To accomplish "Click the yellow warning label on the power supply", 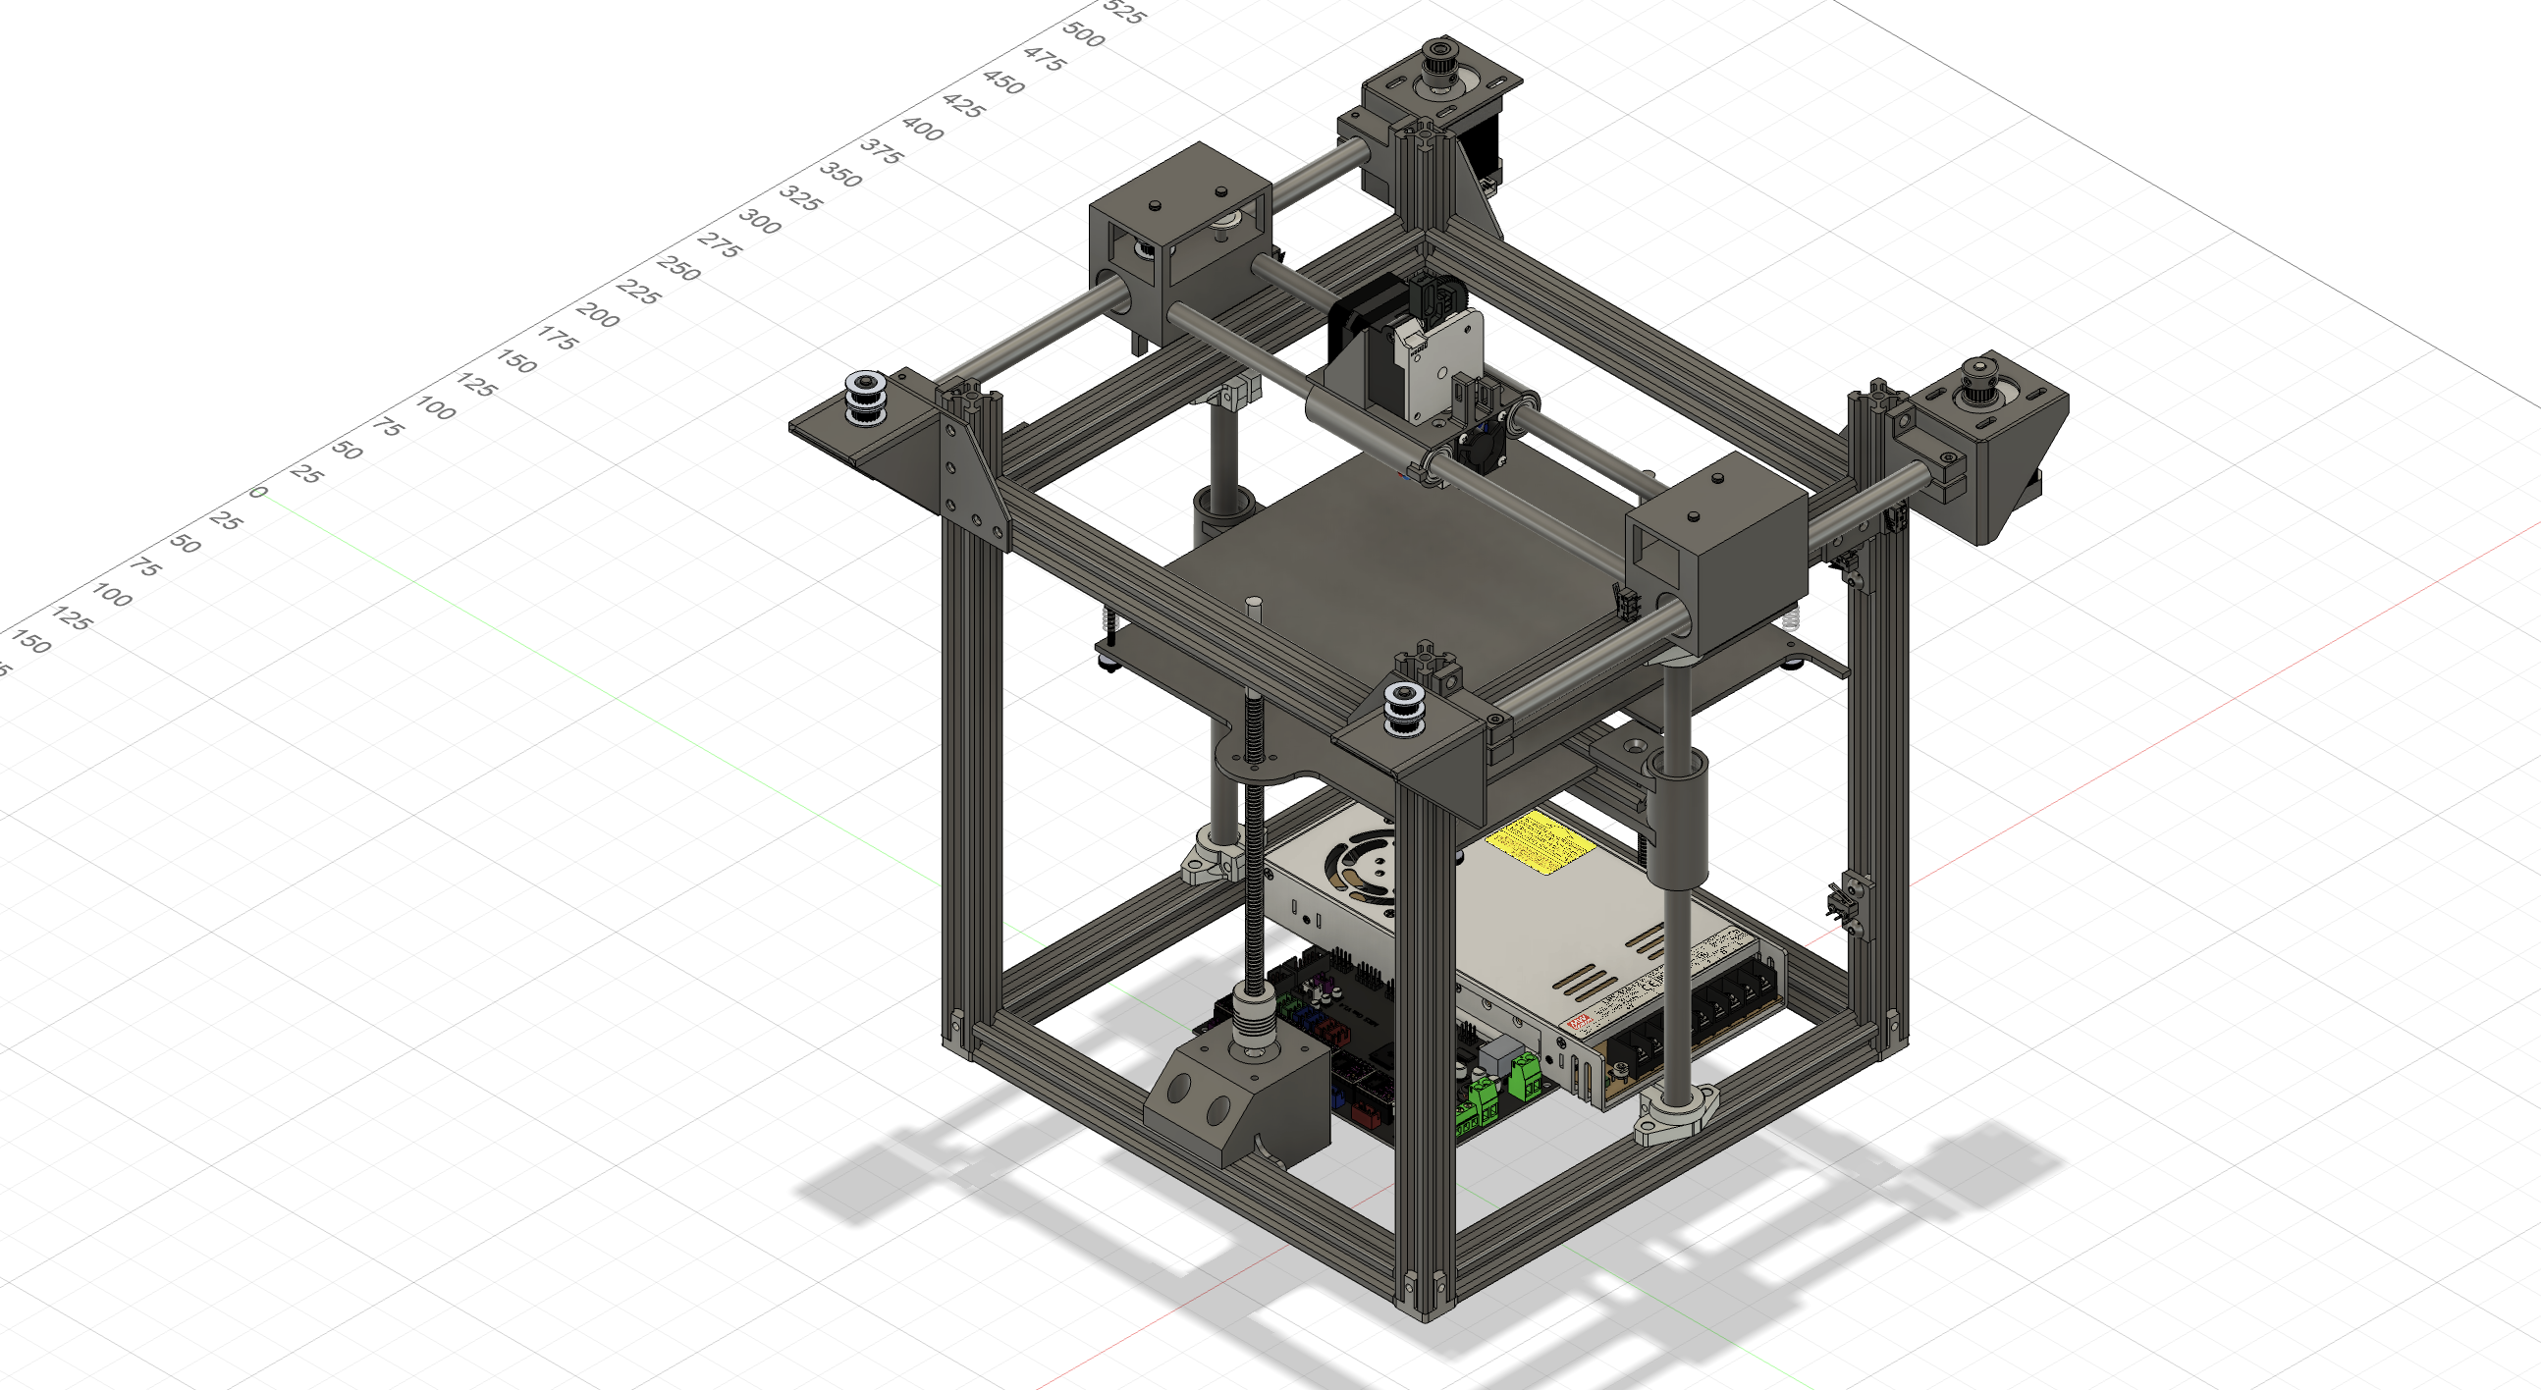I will [x=1538, y=844].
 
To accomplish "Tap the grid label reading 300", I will [x=760, y=221].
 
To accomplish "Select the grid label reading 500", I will [x=1083, y=34].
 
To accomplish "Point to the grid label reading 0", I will [x=258, y=491].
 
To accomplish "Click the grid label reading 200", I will [x=597, y=315].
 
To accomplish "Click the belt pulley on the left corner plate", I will [x=865, y=397].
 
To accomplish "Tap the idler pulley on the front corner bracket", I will [x=1403, y=708].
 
